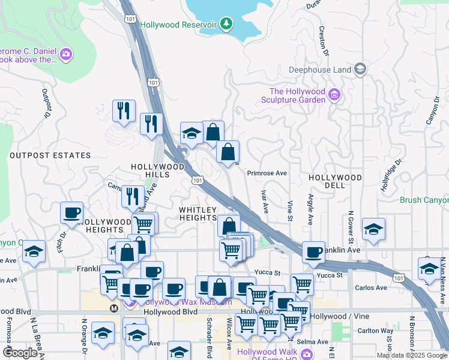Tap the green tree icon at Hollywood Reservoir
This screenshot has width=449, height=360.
pyautogui.click(x=226, y=24)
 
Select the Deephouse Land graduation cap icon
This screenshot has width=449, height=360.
pyautogui.click(x=360, y=70)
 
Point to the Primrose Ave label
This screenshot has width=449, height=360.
pyautogui.click(x=267, y=173)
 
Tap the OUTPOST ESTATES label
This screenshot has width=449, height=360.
pyautogui.click(x=50, y=155)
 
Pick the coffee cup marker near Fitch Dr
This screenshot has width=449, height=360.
pyautogui.click(x=71, y=213)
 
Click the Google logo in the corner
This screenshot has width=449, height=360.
pyautogui.click(x=20, y=353)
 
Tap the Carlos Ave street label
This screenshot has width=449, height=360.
pyautogui.click(x=371, y=287)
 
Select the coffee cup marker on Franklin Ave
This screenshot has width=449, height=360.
pyautogui.click(x=313, y=252)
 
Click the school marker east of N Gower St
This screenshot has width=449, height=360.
pyautogui.click(x=373, y=229)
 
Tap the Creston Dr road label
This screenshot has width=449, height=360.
pyautogui.click(x=324, y=41)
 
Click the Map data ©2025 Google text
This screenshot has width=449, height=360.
pyautogui.click(x=412, y=355)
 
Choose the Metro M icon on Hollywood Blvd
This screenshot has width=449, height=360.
pyautogui.click(x=114, y=308)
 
